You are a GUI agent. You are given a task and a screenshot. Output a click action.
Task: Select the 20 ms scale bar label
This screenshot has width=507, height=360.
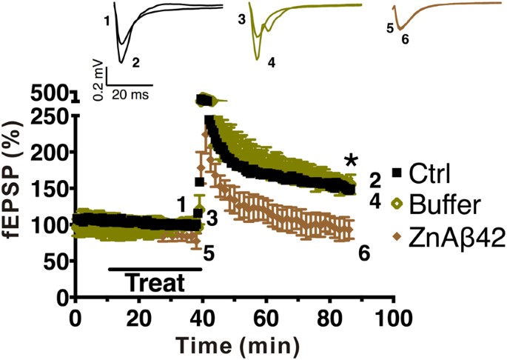click(131, 96)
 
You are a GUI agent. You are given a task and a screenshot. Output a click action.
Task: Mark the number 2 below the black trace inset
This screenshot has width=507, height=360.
click(135, 63)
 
